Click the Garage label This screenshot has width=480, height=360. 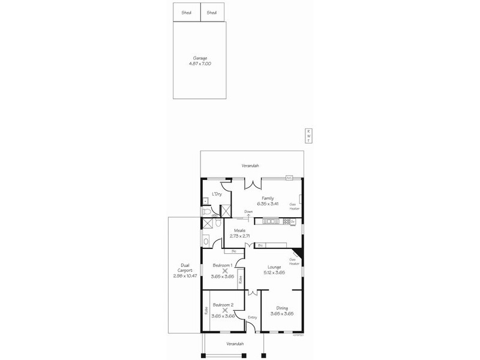pyautogui.click(x=200, y=58)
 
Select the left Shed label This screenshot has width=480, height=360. pyautogui.click(x=186, y=12)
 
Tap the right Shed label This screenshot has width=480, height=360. pyautogui.click(x=212, y=12)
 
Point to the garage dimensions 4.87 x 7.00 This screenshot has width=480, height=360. pyautogui.click(x=200, y=63)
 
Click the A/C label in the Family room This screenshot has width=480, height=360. pyautogui.click(x=289, y=178)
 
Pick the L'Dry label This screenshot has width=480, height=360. pyautogui.click(x=217, y=194)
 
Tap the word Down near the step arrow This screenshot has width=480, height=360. pyautogui.click(x=248, y=211)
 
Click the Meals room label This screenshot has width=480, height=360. pyautogui.click(x=239, y=230)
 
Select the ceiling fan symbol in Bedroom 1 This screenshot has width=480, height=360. pyautogui.click(x=225, y=271)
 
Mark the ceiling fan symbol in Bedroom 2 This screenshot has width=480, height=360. pyautogui.click(x=225, y=310)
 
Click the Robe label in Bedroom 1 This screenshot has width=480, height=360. pyautogui.click(x=240, y=280)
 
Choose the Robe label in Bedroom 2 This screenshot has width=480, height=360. pyautogui.click(x=206, y=311)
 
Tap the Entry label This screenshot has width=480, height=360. pyautogui.click(x=252, y=317)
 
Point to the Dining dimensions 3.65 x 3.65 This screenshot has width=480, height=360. pyautogui.click(x=281, y=314)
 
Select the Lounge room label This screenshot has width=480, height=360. pyautogui.click(x=273, y=268)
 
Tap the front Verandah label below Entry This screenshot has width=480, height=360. pyautogui.click(x=235, y=343)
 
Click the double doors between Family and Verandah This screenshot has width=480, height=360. pyautogui.click(x=251, y=184)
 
